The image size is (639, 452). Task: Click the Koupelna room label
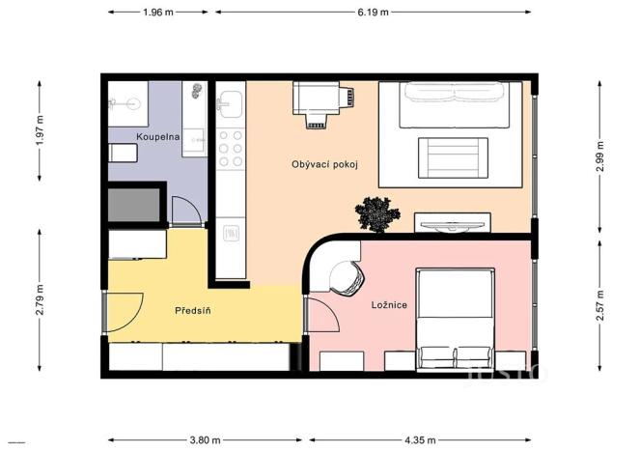(x=158, y=137)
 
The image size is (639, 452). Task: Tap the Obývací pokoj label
(x=324, y=164)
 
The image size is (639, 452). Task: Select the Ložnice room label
(x=389, y=305)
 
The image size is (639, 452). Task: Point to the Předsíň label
(x=192, y=311)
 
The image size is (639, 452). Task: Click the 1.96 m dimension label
(x=157, y=13)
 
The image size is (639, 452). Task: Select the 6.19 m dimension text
(x=373, y=13)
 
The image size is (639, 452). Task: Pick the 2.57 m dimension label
(x=600, y=305)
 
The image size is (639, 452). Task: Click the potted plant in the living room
(x=376, y=214)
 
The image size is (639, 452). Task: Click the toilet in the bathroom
(x=123, y=154)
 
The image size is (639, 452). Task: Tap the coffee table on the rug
(x=452, y=156)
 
